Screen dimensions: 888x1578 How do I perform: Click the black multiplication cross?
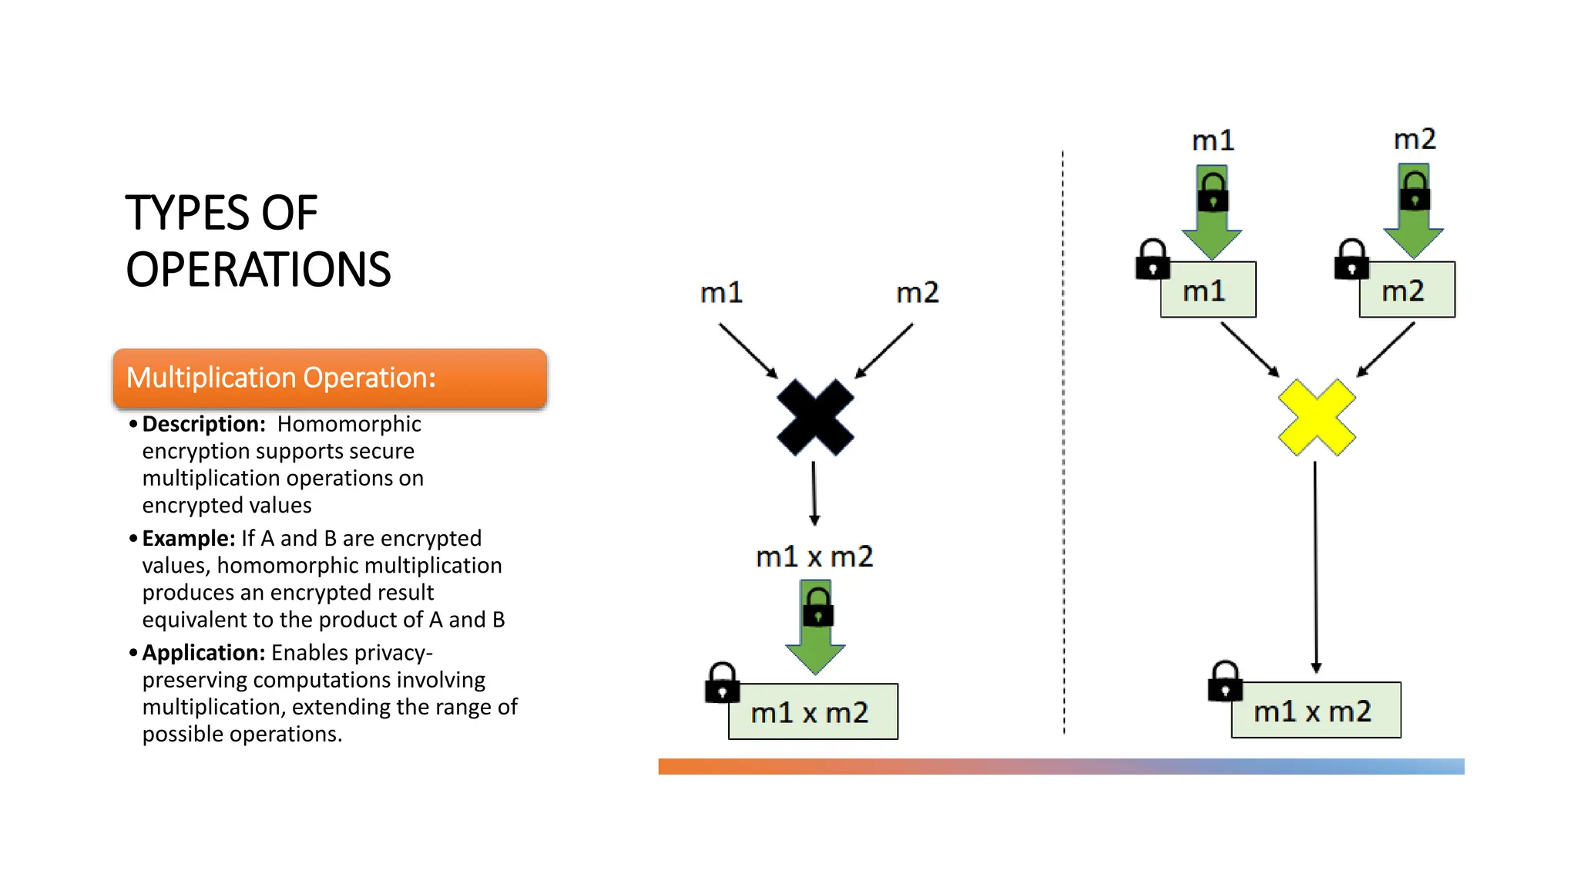(x=815, y=417)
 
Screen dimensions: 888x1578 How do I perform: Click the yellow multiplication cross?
(x=1316, y=417)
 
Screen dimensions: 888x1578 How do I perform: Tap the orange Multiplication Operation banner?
(x=330, y=378)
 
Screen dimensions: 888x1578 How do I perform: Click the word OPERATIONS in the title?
(x=258, y=270)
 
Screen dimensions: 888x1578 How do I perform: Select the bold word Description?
(x=203, y=424)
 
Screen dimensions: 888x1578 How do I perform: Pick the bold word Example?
(x=188, y=538)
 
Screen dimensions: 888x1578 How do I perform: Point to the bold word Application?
(x=203, y=653)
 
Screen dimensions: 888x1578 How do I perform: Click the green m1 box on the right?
(x=1207, y=290)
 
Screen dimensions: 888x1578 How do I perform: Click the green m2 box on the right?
(x=1406, y=290)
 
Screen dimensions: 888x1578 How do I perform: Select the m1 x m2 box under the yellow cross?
(x=1315, y=710)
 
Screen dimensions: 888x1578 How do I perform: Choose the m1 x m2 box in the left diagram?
(x=812, y=711)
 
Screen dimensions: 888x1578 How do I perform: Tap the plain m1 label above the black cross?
(x=721, y=293)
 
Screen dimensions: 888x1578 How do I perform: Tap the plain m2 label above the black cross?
(x=917, y=293)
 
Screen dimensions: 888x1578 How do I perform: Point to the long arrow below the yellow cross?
(x=1315, y=567)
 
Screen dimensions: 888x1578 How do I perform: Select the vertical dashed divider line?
(x=1063, y=443)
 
